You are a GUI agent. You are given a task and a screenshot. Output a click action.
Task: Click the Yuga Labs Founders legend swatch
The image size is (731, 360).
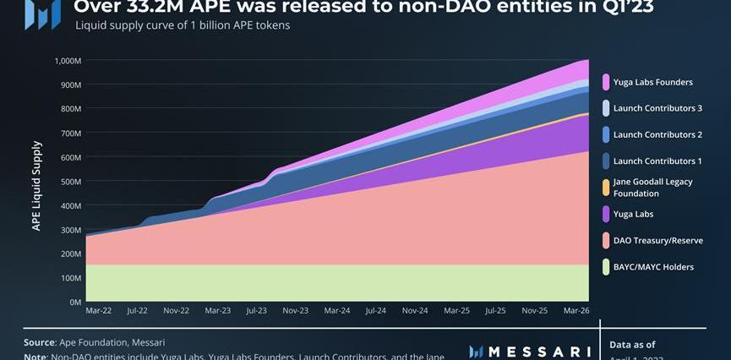click(606, 82)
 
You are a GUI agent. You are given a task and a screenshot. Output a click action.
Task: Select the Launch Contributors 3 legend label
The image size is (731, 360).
click(657, 108)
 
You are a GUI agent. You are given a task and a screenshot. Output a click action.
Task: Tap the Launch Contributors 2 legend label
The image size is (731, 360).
click(657, 134)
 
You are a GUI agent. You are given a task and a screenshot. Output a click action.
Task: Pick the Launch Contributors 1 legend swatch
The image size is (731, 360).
click(606, 161)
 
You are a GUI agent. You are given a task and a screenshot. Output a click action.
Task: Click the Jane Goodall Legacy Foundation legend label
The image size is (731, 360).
click(652, 188)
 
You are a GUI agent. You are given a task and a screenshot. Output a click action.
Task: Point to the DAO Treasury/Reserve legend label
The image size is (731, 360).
click(657, 241)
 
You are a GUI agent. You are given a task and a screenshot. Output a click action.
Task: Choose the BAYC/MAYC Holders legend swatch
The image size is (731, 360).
click(606, 267)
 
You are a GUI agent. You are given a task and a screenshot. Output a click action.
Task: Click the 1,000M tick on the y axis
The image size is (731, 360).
click(67, 61)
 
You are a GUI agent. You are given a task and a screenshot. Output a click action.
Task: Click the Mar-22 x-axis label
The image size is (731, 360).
click(98, 311)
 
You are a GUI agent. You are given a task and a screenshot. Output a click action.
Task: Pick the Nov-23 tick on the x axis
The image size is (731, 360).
click(296, 311)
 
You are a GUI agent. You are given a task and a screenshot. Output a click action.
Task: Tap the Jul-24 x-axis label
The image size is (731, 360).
click(376, 311)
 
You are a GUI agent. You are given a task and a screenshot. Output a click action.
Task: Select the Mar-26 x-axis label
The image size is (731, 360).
click(576, 311)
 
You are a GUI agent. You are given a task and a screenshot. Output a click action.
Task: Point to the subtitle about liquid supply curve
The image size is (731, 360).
click(183, 25)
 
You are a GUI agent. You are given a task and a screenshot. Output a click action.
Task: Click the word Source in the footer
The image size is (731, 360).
click(40, 342)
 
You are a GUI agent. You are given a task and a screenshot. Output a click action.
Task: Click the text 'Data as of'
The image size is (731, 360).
click(632, 344)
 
